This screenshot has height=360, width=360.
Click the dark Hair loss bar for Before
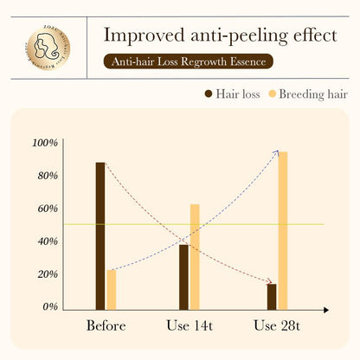point(100,235)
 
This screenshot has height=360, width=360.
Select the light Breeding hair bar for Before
point(111,289)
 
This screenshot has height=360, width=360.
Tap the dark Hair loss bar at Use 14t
point(183,276)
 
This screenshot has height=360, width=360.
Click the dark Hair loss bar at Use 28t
point(272,296)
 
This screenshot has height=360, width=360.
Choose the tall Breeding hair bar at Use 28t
point(283,230)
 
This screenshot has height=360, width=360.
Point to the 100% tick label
point(44,143)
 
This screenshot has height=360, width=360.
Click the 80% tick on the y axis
point(46,176)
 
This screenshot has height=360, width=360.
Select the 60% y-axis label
point(46,209)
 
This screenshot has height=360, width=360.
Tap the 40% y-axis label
point(46,241)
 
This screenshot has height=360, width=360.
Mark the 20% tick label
point(46,274)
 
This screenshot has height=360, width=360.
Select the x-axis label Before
point(106,326)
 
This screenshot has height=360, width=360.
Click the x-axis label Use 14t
point(190,326)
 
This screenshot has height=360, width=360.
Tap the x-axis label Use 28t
point(277,326)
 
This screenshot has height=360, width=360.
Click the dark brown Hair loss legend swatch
point(209,93)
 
